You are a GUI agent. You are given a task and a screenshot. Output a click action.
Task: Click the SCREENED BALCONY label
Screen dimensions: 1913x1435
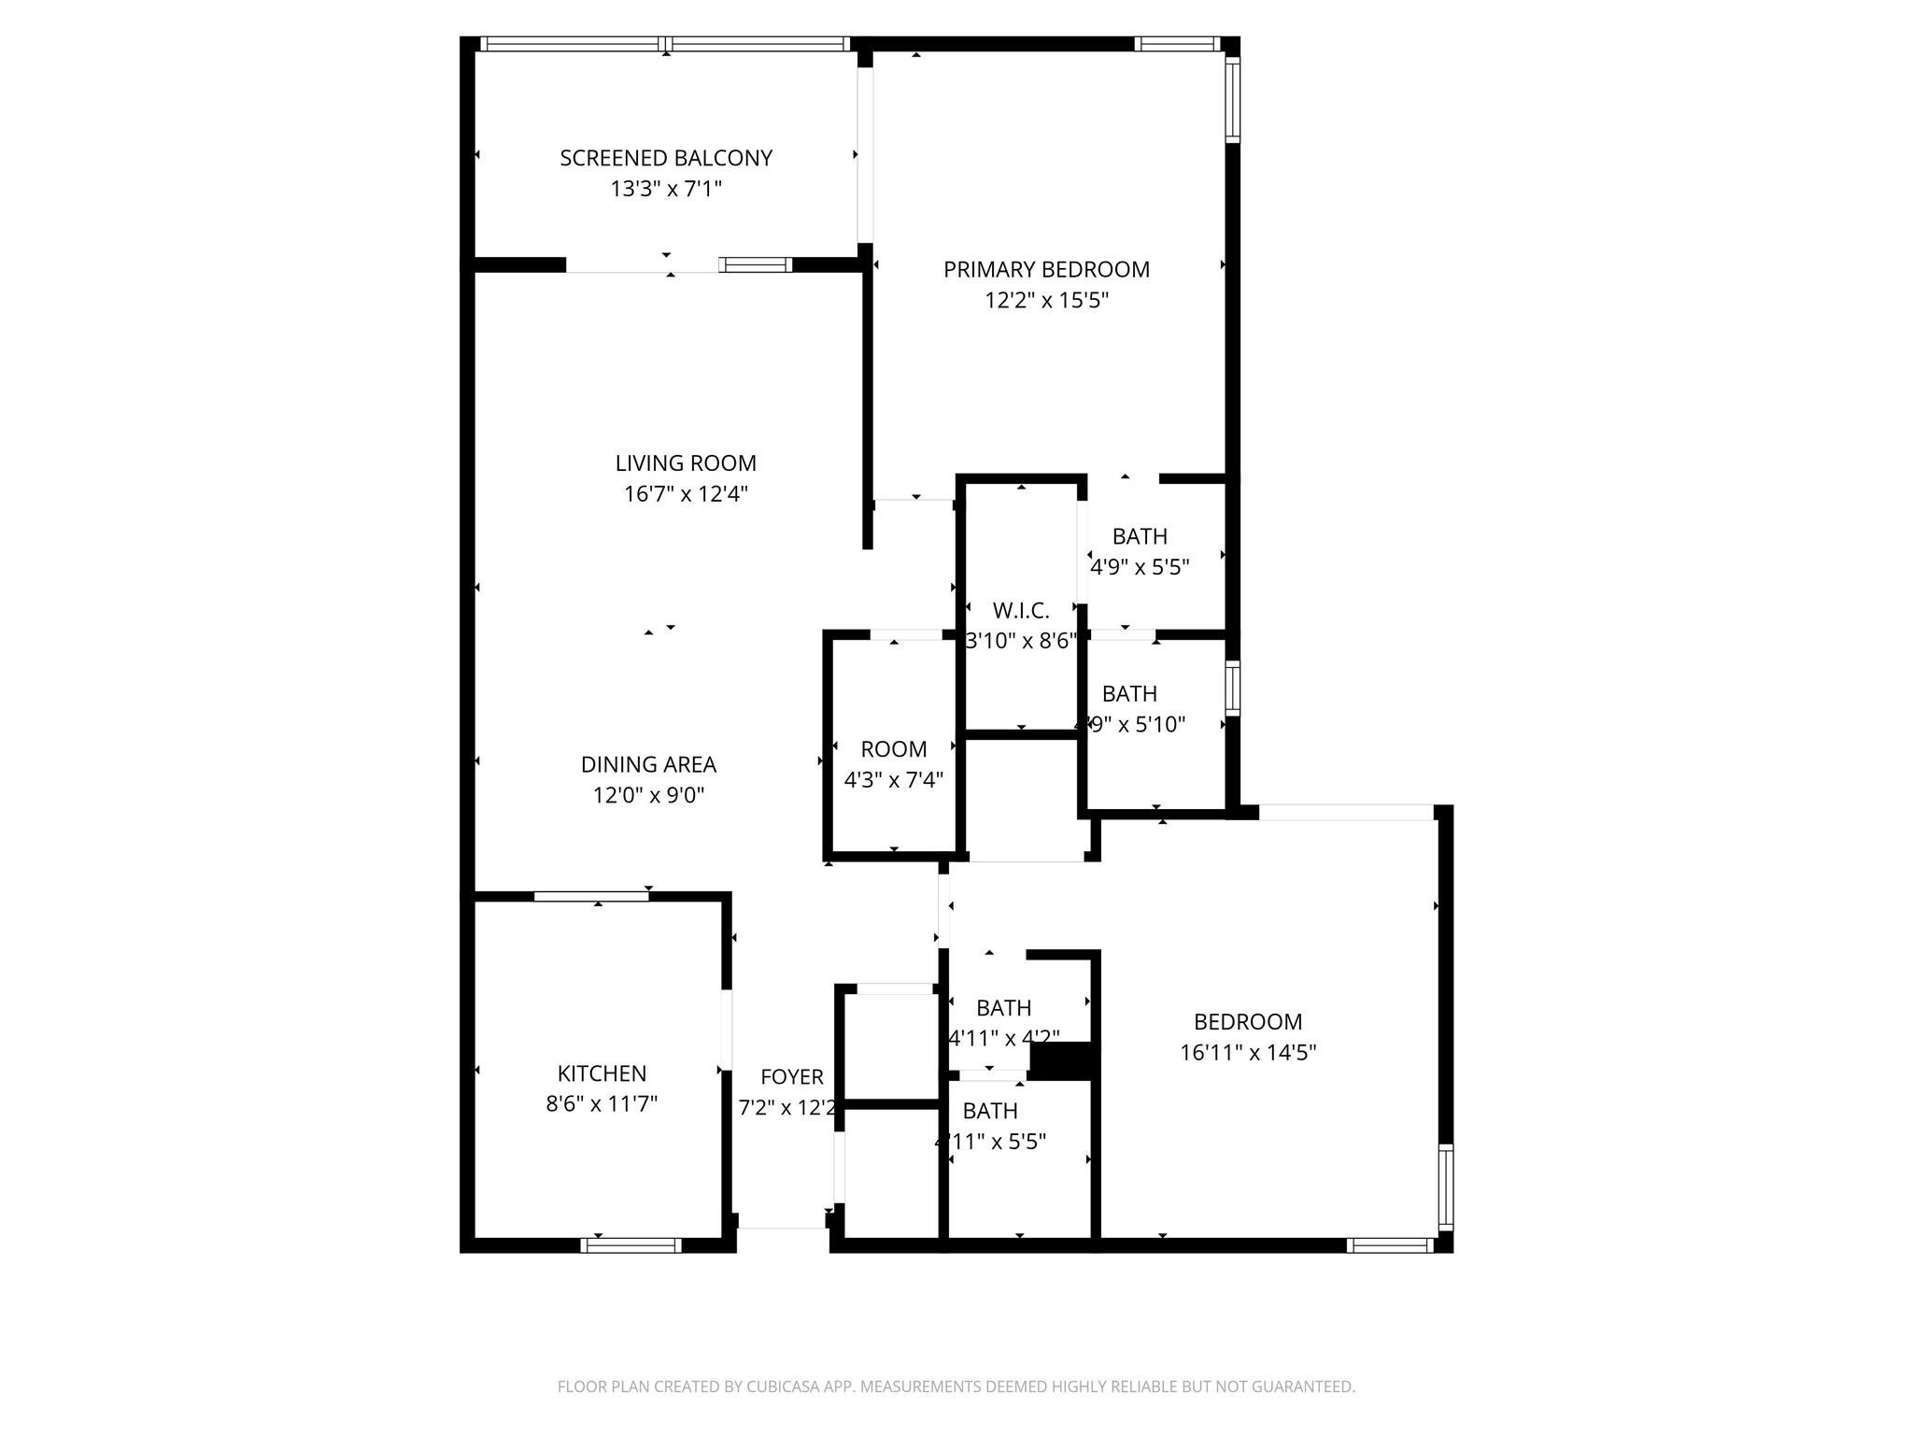point(666,158)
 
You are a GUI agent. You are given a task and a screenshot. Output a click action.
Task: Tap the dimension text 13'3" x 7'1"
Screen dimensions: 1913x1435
point(666,189)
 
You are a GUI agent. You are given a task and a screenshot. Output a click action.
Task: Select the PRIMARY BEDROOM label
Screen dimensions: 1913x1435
point(1046,269)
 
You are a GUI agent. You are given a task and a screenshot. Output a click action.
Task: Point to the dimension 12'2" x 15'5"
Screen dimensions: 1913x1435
point(1046,300)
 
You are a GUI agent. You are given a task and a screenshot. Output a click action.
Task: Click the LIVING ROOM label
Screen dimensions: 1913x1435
point(686,462)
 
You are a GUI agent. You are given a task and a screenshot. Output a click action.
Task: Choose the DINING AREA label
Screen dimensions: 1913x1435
point(648,764)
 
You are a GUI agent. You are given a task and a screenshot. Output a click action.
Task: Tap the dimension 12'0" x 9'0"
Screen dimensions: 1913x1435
point(648,795)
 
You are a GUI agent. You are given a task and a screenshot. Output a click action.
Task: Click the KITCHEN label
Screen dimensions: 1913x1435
point(602,1073)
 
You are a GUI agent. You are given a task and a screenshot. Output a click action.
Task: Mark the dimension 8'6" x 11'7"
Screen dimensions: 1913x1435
point(602,1104)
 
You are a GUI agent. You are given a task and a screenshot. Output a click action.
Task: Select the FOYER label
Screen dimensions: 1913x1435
point(792,1077)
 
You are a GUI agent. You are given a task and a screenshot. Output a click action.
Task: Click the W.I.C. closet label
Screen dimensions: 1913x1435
point(1021,611)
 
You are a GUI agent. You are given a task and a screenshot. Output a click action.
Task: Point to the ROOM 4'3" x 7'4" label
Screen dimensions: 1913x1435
point(894,749)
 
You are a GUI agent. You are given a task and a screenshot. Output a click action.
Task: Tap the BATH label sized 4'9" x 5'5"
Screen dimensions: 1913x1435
point(1140,536)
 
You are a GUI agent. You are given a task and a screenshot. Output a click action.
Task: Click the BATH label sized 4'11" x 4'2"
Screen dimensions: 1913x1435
point(1004,1008)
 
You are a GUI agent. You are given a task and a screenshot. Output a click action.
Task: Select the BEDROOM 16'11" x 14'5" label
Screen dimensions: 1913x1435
point(1248,1022)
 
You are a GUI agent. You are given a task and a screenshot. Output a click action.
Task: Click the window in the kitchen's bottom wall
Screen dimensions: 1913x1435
point(631,1244)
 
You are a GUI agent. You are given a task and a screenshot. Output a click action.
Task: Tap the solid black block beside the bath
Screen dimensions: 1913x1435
point(1061,1061)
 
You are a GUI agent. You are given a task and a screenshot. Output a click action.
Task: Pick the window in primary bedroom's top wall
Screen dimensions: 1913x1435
point(1177,43)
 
